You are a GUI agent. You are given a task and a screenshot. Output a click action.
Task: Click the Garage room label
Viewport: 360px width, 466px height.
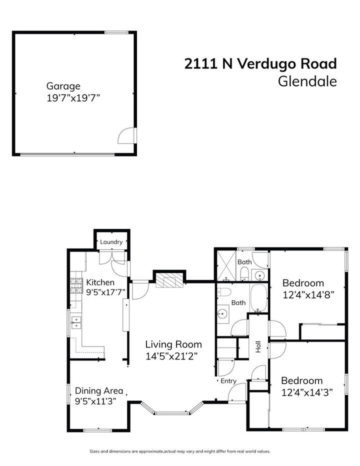[x=63, y=86]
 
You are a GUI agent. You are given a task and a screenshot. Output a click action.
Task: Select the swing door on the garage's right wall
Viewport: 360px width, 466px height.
[x=128, y=134]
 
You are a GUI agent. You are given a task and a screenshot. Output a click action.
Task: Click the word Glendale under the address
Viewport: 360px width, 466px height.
[x=307, y=81]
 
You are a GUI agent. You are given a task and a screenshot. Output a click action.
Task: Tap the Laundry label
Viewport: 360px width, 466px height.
[x=111, y=242]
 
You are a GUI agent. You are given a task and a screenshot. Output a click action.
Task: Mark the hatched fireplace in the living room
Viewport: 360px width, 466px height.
[x=169, y=279]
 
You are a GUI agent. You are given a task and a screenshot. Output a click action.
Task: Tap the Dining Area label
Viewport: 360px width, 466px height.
[x=99, y=391]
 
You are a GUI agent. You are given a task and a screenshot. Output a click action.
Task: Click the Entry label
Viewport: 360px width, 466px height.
[x=228, y=381]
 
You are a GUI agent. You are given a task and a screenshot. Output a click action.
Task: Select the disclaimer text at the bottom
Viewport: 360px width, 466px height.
[x=180, y=451]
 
